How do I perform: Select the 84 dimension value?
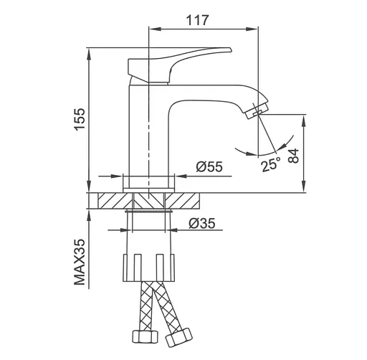pyautogui.click(x=293, y=156)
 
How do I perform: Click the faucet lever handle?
pyautogui.click(x=186, y=57)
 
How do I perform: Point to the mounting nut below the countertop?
pyautogui.click(x=149, y=266)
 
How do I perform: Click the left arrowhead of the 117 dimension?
pyautogui.click(x=152, y=29)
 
